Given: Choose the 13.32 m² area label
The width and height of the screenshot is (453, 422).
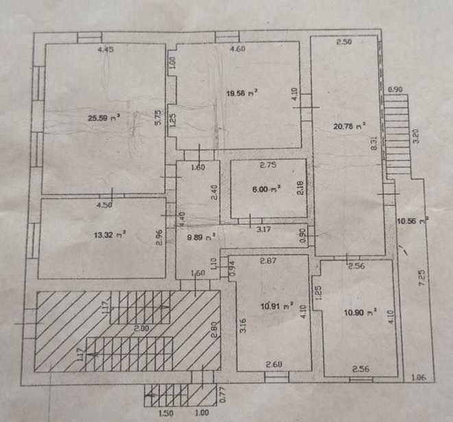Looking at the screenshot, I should tap(108, 234).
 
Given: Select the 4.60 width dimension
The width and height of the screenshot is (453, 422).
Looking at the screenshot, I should tap(237, 49).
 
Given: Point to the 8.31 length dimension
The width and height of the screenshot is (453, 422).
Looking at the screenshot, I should tap(375, 145).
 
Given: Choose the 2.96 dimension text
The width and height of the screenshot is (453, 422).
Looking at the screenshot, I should tap(159, 236).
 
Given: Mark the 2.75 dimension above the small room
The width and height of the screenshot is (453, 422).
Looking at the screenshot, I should tap(266, 165).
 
